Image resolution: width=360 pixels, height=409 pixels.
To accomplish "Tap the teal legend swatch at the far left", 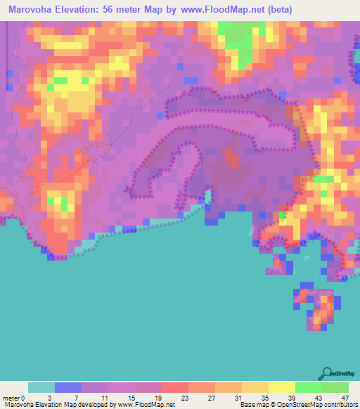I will pos(41,387).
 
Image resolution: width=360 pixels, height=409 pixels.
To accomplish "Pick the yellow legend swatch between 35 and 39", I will pos(281,387).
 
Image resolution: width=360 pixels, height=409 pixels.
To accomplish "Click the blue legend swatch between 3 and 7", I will pos(67,387).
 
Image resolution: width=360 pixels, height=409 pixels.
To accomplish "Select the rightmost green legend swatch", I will pos(335,387).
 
